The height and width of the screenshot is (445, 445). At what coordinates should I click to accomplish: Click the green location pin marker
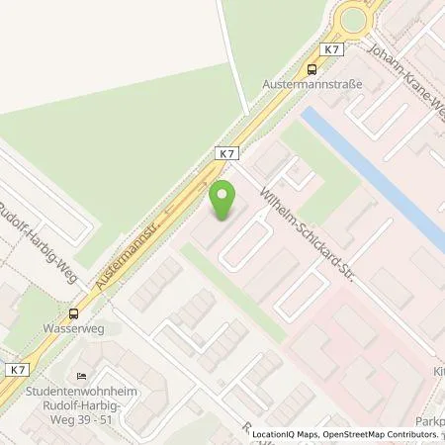click(221, 201)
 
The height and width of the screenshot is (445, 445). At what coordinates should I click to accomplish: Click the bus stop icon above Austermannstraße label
click(312, 69)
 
